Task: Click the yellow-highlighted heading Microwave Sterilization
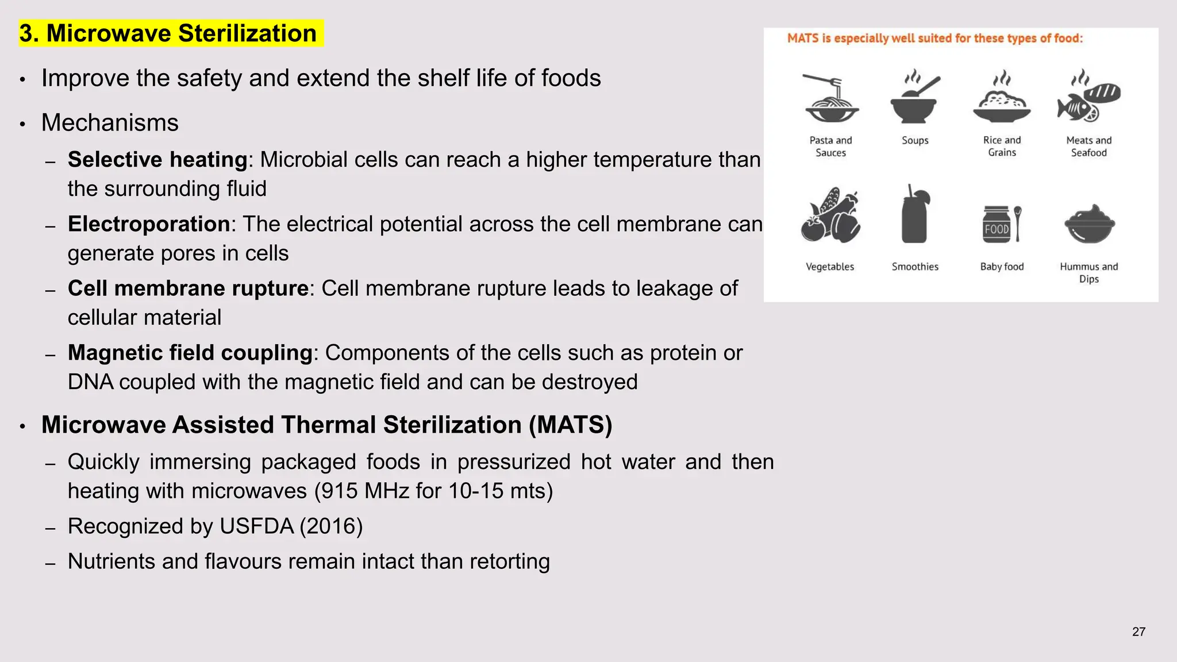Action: (171, 33)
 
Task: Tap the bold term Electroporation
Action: (149, 224)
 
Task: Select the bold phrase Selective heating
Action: (157, 160)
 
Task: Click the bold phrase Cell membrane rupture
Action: (189, 288)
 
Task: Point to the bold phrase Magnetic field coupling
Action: (190, 353)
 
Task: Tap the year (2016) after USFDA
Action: (331, 526)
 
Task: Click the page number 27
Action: (1138, 632)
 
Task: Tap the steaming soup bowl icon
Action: (914, 98)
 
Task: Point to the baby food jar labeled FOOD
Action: (997, 225)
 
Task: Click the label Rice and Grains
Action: (1002, 147)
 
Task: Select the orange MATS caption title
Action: (934, 39)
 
